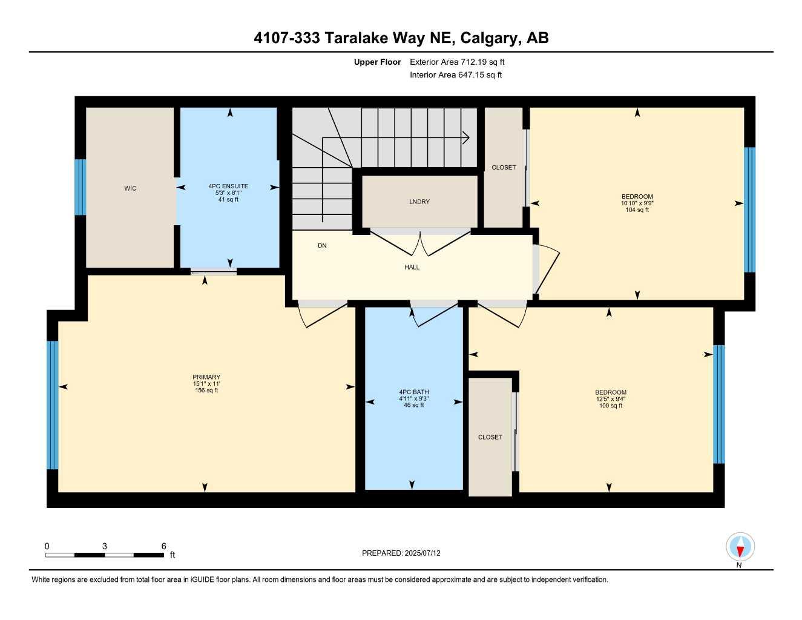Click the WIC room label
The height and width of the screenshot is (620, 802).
coord(130,188)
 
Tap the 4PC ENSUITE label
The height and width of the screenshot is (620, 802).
coord(228,186)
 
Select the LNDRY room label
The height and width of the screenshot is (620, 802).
coord(419,202)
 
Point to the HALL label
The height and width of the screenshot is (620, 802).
coord(412,267)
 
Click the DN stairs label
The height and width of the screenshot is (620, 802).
coord(322,245)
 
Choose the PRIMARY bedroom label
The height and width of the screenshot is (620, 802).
coord(206,377)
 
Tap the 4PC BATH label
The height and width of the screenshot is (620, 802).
coord(413,392)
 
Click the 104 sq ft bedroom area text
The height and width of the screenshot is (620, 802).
coord(637,210)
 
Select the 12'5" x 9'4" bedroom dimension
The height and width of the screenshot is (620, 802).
coord(610,399)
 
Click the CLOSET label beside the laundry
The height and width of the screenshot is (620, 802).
coord(504,168)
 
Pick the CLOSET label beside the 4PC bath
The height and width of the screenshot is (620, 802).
coord(490,437)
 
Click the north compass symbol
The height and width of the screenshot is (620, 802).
coord(740,548)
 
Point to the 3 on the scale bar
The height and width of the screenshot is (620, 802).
coord(105,546)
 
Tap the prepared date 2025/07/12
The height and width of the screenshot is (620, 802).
coord(422,553)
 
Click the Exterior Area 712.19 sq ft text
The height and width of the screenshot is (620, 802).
coord(457,62)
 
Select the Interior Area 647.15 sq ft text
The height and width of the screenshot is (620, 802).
coord(456,75)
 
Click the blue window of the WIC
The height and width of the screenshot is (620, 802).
coord(80,187)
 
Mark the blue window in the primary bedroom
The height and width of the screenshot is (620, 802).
coord(53,404)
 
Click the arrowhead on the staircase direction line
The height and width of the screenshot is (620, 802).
coord(466,137)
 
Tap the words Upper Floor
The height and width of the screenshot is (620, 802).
coord(377,62)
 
